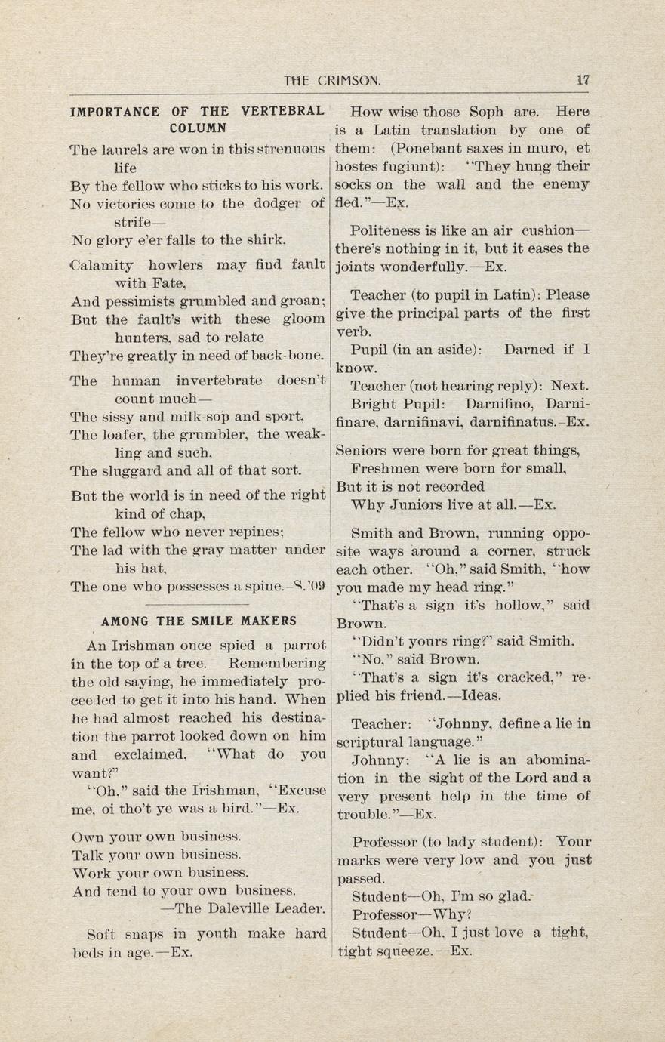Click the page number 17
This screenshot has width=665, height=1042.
tap(582, 79)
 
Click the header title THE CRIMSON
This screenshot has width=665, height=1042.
tap(331, 80)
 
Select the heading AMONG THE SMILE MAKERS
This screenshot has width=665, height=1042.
tap(199, 621)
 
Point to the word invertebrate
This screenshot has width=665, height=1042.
tap(218, 381)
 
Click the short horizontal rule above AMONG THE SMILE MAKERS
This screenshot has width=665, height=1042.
tap(197, 604)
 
